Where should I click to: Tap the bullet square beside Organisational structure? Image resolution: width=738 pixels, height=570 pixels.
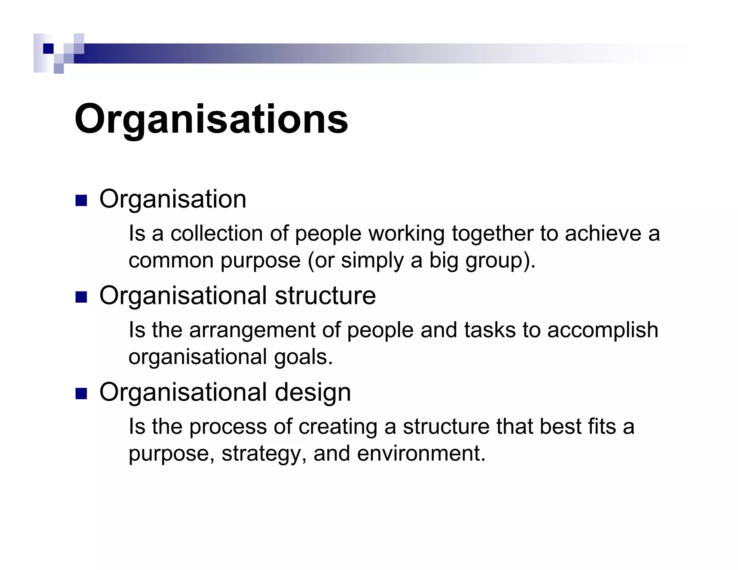(81, 297)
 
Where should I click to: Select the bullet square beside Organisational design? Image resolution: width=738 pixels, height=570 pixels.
(81, 393)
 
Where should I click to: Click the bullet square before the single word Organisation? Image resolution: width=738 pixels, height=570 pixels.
(81, 201)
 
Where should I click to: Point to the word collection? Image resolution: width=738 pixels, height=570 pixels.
(217, 233)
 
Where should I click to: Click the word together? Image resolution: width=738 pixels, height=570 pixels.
(492, 233)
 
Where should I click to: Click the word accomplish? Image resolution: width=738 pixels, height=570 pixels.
(603, 330)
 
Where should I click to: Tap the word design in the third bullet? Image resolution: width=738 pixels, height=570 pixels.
(313, 392)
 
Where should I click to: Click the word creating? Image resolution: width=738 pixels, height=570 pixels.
(338, 427)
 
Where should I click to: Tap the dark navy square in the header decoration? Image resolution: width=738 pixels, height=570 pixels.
(48, 48)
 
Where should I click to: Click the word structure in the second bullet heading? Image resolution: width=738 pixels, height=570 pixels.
(325, 296)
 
